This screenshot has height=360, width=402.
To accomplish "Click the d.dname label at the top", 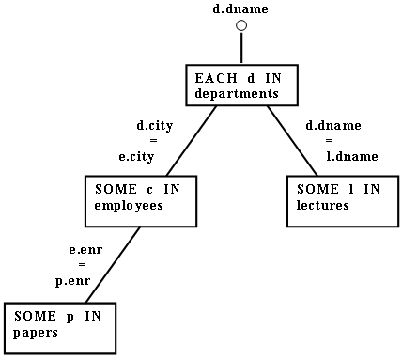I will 240,8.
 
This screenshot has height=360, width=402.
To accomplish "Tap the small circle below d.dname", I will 240,26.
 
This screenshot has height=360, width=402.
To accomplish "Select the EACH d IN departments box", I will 240,85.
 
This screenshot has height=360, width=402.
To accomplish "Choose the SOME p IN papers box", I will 59,325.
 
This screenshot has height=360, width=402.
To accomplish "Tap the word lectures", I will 321,206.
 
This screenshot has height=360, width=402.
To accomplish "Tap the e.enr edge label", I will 85,251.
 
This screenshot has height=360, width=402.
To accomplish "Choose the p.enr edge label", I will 73,281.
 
